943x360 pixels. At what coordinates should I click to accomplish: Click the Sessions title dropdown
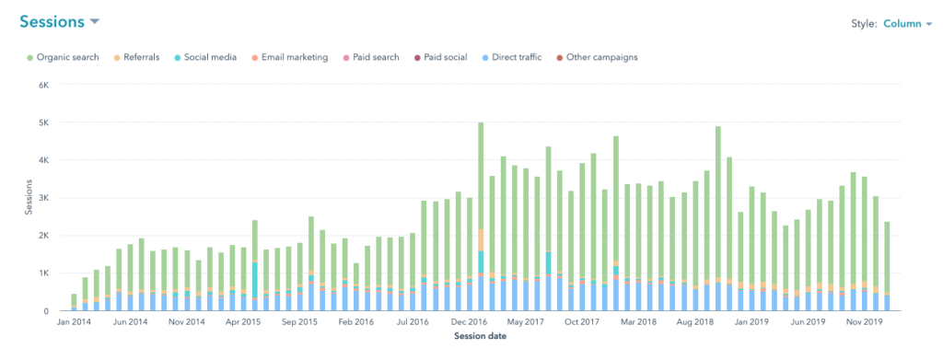[x=55, y=21]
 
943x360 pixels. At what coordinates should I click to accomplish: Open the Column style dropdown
[x=908, y=24]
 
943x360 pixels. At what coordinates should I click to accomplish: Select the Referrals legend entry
[x=140, y=57]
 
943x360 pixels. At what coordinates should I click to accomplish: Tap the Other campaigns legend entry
[x=598, y=57]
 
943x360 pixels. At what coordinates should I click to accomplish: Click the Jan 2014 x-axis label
[x=74, y=323]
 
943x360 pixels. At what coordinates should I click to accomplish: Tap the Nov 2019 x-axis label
[x=864, y=323]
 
